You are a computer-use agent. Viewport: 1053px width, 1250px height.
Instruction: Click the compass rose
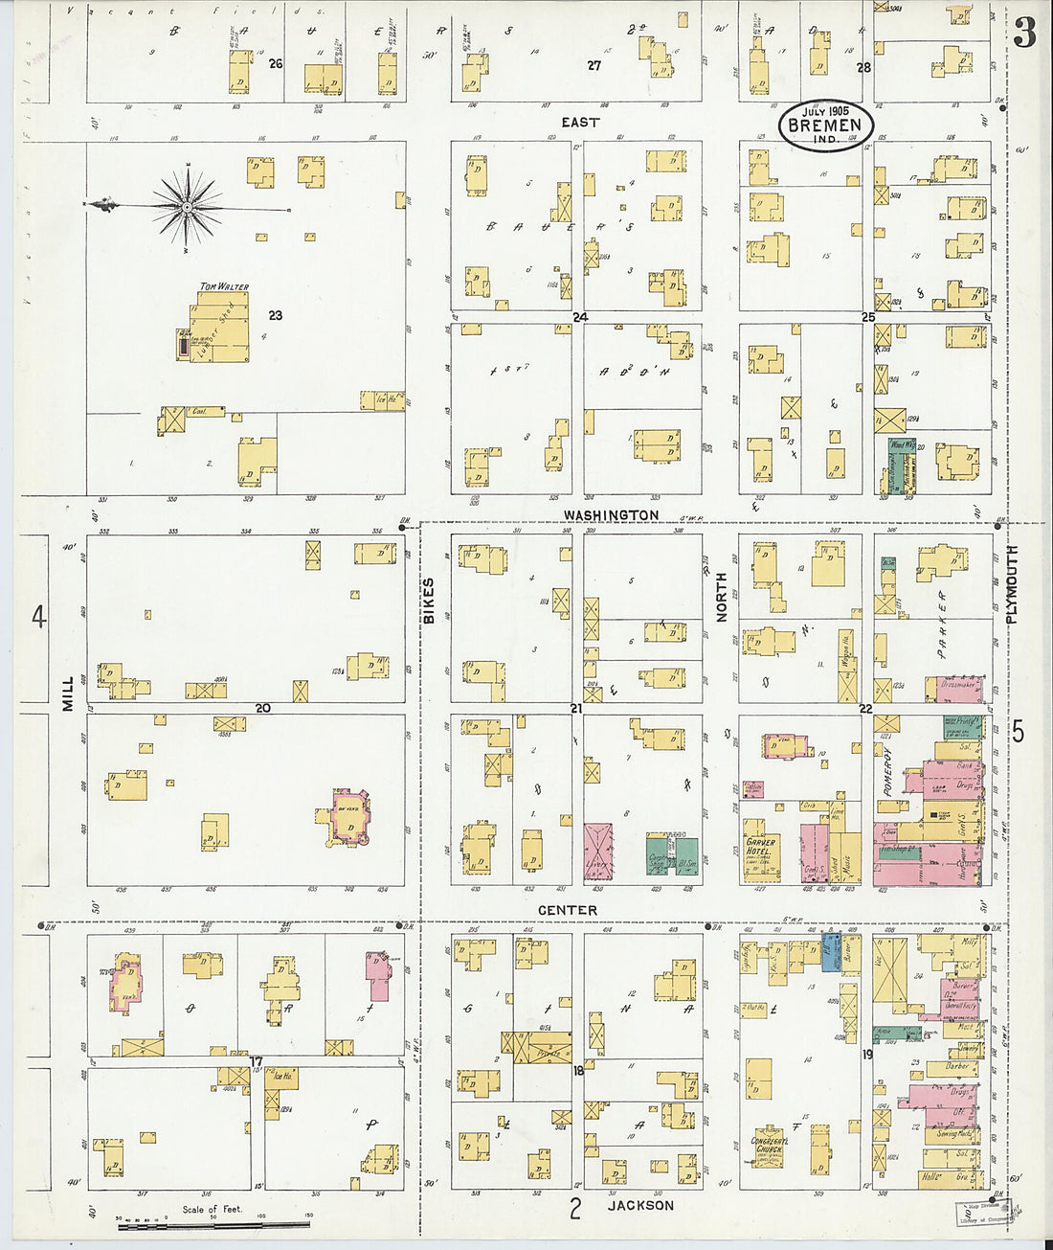click(188, 206)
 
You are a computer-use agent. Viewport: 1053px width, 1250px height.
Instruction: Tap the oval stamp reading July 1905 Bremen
click(824, 125)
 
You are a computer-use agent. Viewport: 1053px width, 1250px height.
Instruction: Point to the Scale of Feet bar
click(213, 1223)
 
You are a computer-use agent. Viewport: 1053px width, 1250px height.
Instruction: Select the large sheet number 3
click(1024, 34)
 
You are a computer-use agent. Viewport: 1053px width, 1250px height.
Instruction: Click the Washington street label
click(611, 515)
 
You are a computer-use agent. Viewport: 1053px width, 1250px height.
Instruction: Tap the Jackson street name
click(640, 1205)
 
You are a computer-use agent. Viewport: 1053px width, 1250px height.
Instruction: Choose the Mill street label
click(68, 692)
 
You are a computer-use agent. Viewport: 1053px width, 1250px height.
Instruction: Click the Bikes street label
click(429, 602)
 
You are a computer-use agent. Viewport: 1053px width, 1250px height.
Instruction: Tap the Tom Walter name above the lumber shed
click(224, 286)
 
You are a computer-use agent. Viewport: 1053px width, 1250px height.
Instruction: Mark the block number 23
click(275, 315)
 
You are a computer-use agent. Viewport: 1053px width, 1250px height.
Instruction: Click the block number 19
click(867, 1055)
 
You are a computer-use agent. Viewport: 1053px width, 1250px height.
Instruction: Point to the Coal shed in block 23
click(200, 412)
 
